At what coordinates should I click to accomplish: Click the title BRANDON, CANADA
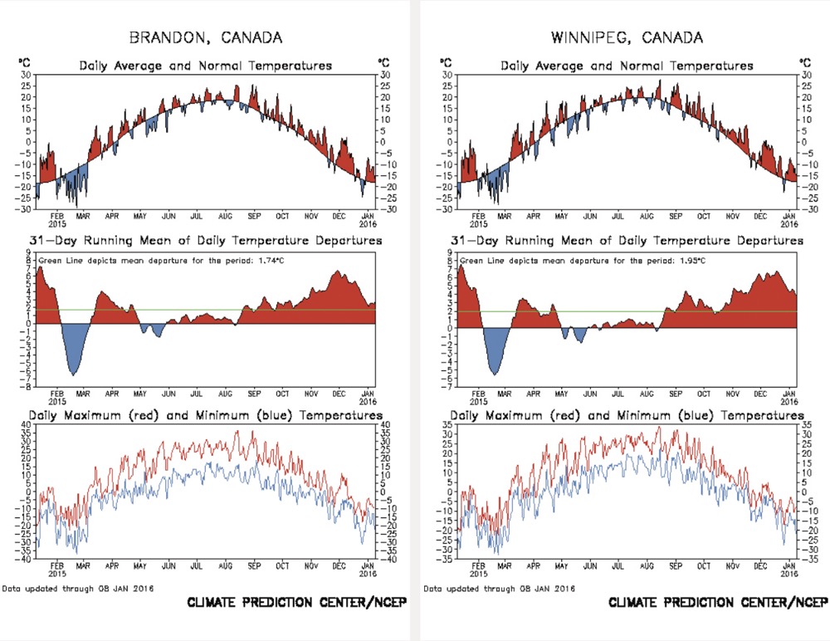[205, 37]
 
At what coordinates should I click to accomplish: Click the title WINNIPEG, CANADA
[627, 37]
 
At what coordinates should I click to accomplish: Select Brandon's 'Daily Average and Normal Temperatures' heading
[205, 66]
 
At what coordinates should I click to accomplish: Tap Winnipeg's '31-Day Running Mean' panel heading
[627, 240]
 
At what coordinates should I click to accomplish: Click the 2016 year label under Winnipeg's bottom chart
[789, 572]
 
